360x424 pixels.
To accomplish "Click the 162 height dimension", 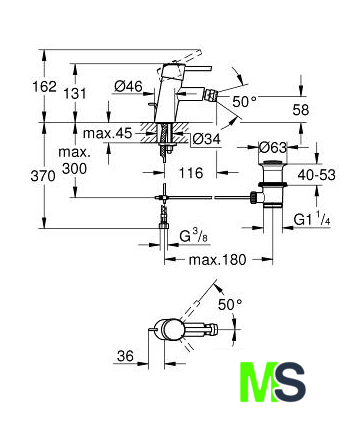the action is coord(45,87).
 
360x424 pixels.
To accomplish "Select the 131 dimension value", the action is coord(75,94).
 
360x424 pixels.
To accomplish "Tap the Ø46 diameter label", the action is coord(128,87).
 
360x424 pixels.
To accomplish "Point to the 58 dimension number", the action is coord(301,110).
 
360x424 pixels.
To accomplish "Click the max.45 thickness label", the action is coord(108,133).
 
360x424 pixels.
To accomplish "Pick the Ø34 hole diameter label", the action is coord(207,139).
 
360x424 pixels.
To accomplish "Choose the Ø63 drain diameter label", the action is coord(273,147).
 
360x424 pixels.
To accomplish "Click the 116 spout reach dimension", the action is coord(191,173).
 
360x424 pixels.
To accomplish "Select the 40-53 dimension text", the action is coord(316,175).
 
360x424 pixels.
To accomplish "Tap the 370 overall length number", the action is coord(43,176).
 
